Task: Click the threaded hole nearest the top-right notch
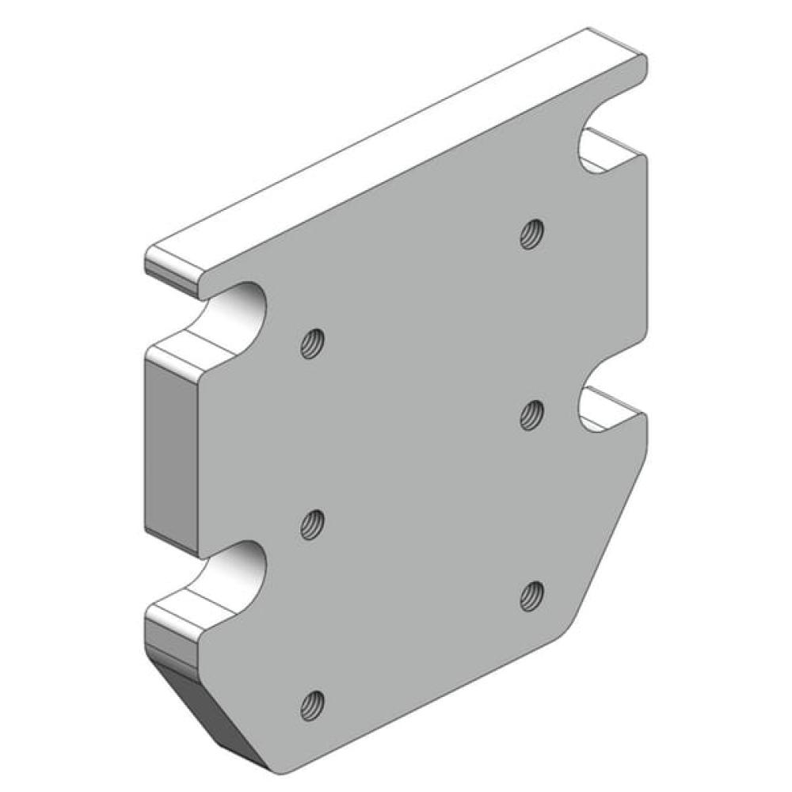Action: [x=531, y=234]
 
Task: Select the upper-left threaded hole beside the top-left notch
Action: [x=313, y=344]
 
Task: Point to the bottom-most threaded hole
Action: [x=314, y=703]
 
